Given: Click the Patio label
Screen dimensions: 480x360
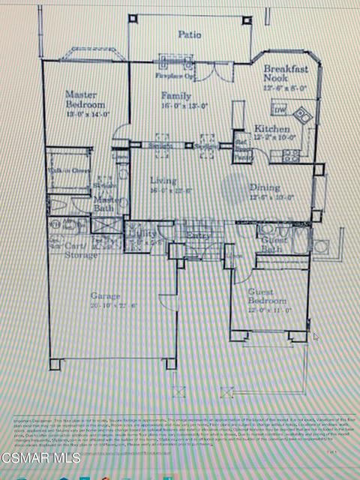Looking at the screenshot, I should coord(188,34).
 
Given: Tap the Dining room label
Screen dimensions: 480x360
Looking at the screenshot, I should coord(267,188).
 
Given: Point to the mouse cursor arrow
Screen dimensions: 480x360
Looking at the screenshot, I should coord(316,337).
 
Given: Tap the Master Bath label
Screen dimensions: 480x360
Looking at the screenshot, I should coord(106,205).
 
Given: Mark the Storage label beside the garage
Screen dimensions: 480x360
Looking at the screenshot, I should coord(80,255).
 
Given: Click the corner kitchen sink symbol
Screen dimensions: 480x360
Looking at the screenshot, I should coord(301,114).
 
